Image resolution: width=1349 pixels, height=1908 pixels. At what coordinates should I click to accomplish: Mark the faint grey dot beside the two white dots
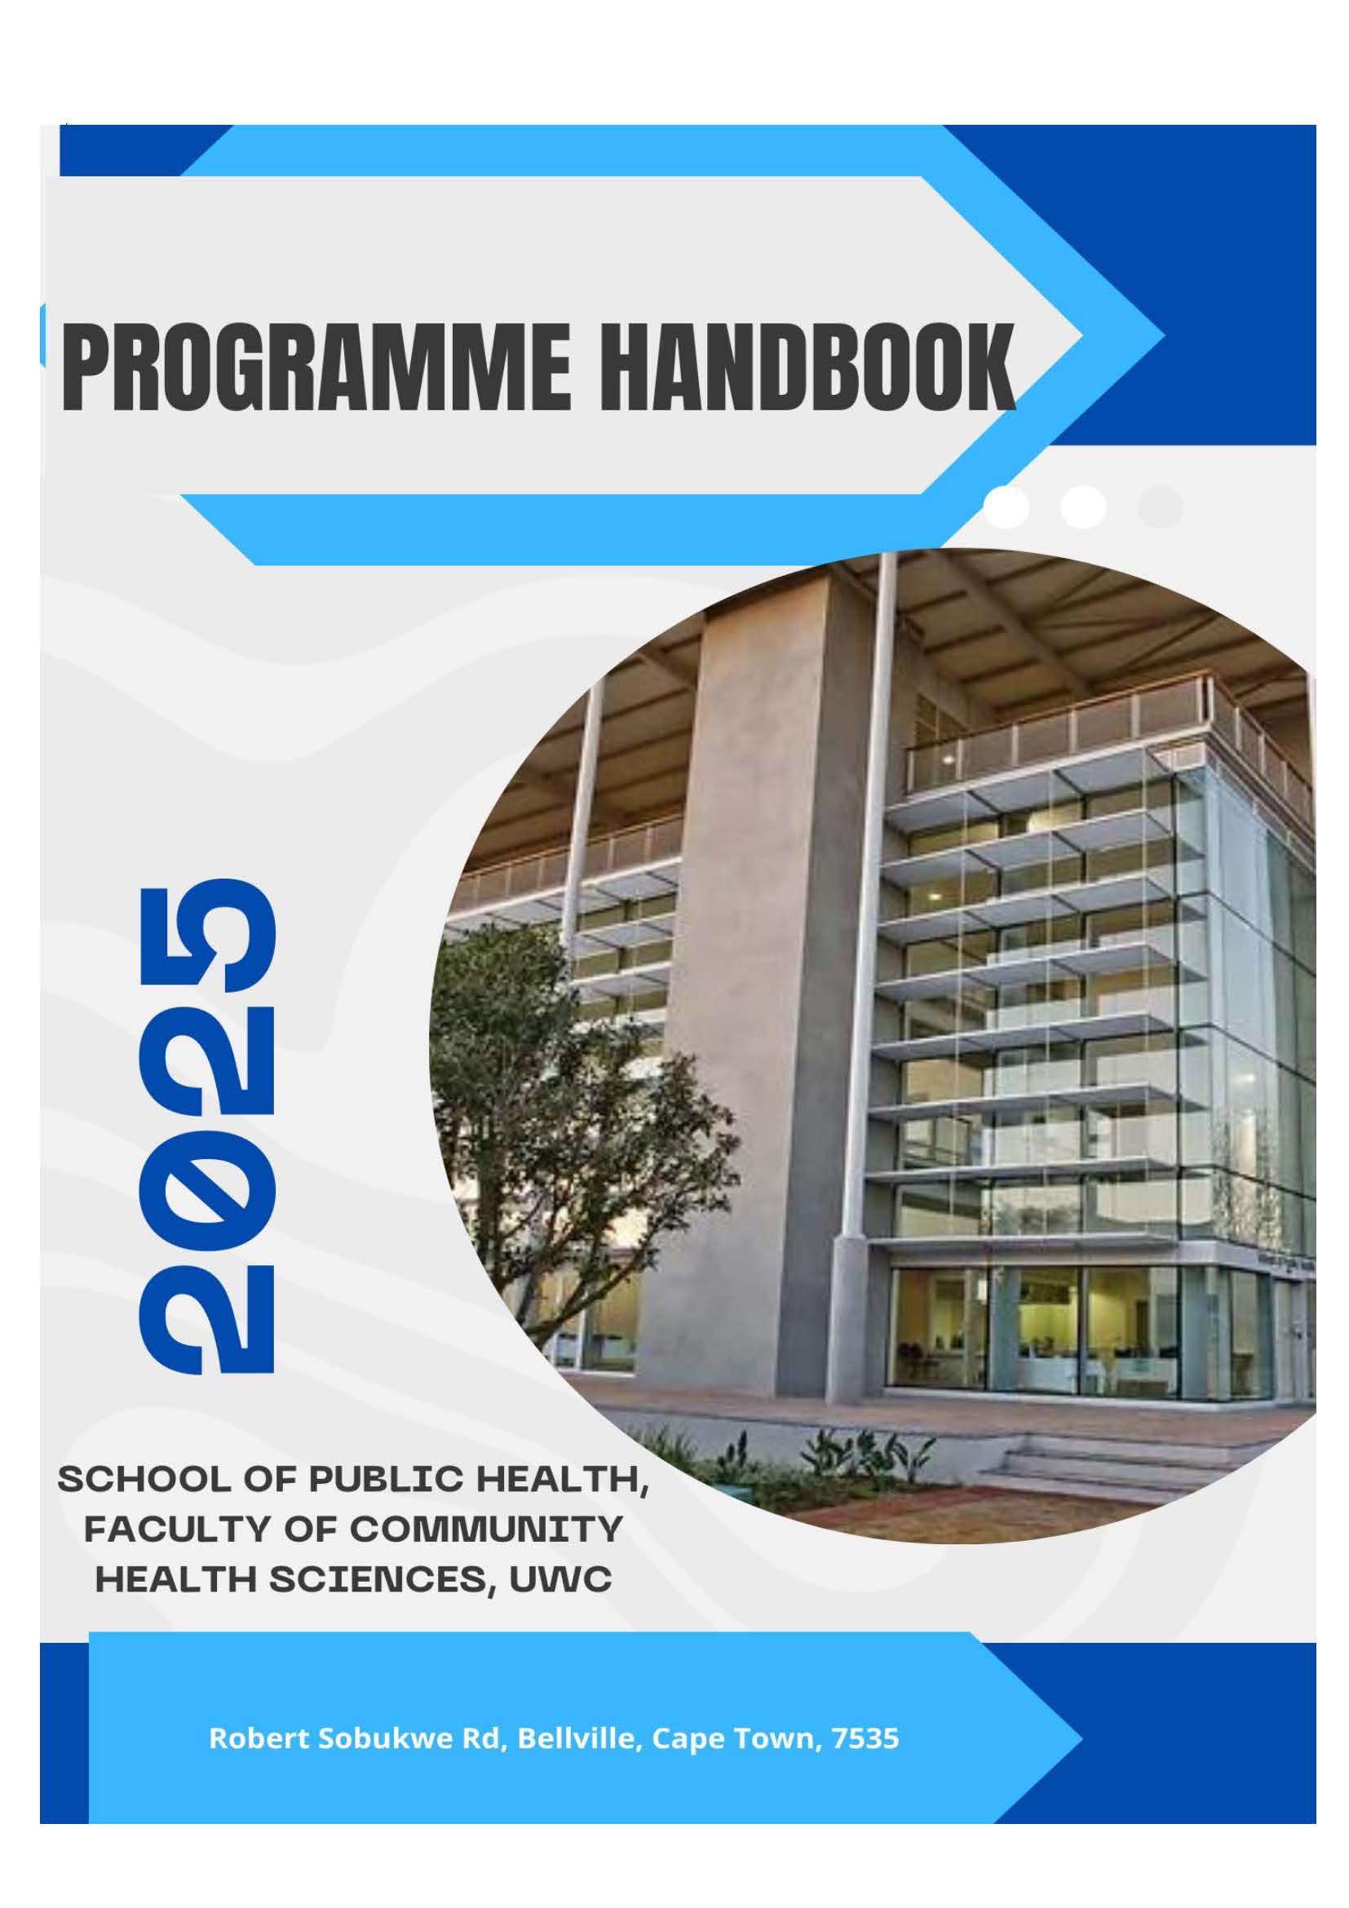pyautogui.click(x=1161, y=506)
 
